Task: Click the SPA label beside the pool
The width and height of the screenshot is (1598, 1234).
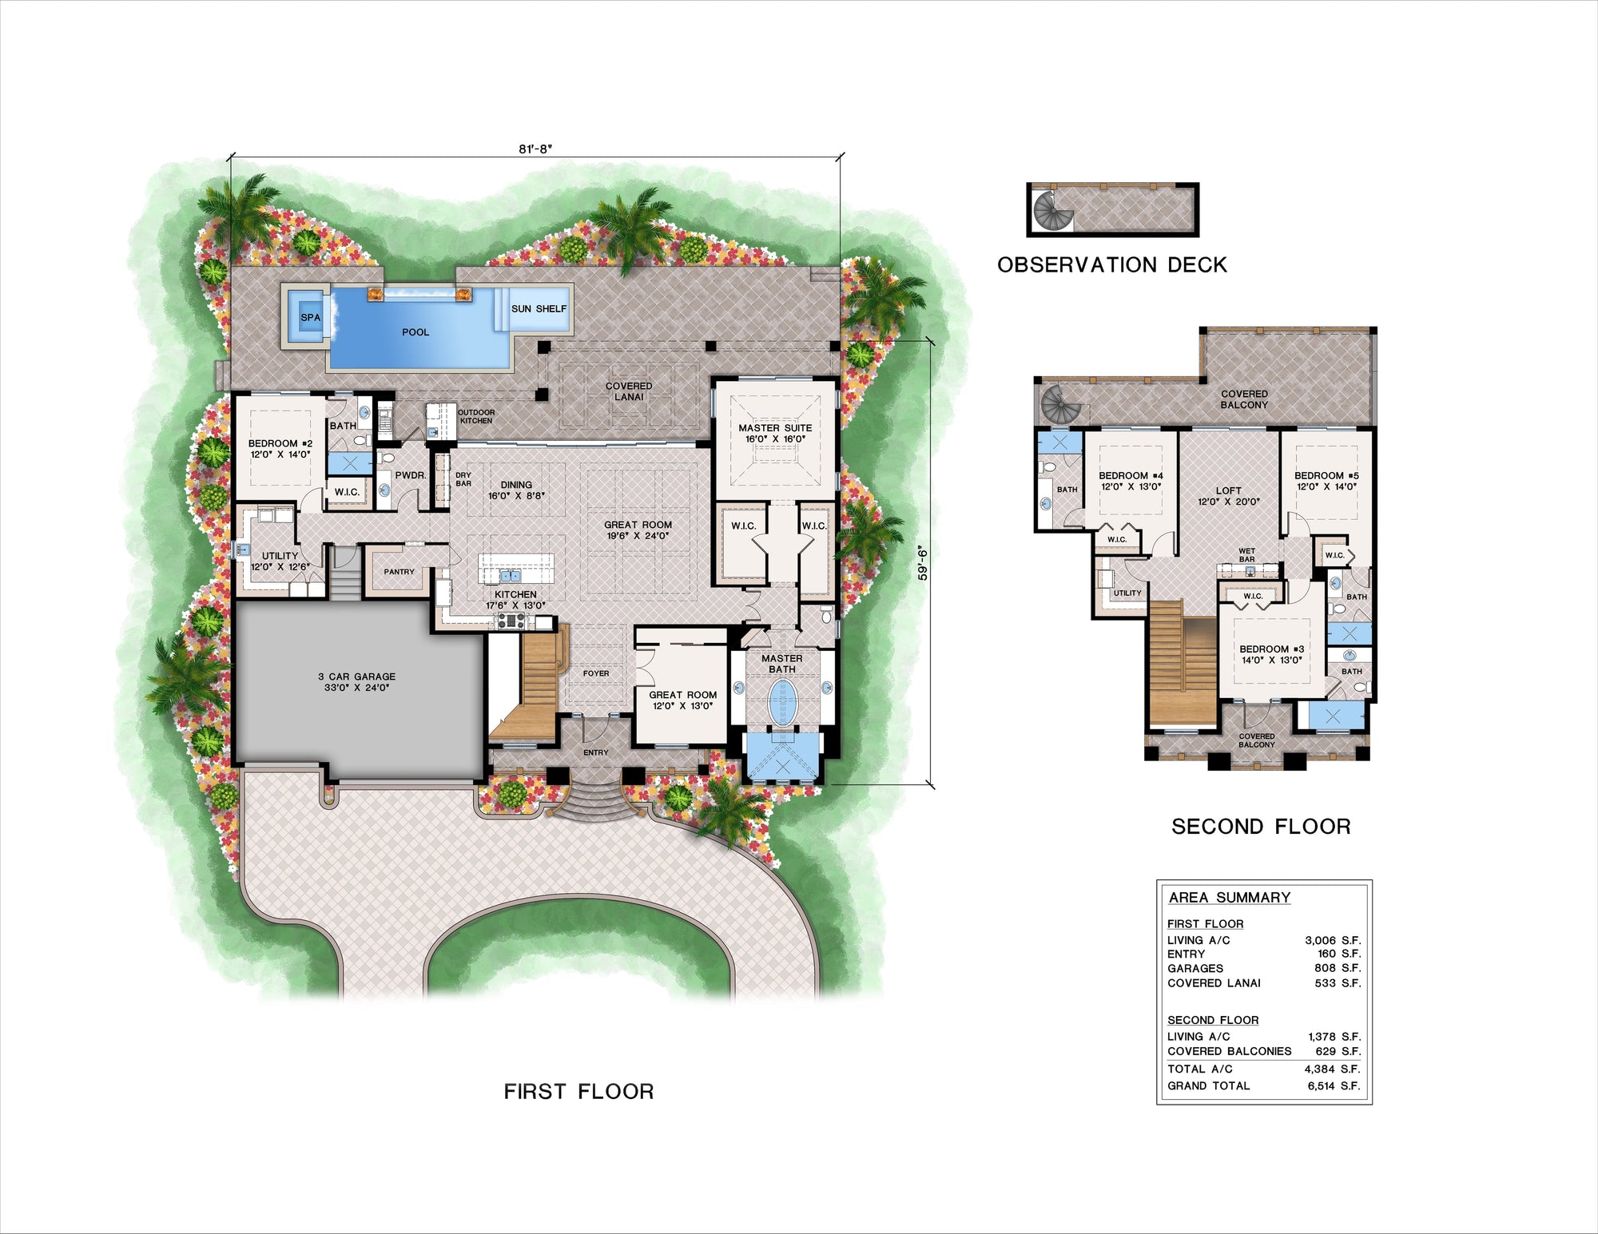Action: point(310,317)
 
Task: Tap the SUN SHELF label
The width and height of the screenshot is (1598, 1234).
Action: point(539,308)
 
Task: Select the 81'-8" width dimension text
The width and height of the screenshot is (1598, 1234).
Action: point(535,149)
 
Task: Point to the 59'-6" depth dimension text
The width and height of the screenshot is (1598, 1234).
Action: point(923,562)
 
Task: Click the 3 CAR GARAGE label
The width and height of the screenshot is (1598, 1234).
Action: point(356,681)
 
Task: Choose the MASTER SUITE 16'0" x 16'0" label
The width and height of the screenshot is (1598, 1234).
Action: point(775,433)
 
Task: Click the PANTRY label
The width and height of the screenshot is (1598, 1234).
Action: point(399,572)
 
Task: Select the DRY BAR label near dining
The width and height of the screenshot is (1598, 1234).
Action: point(463,479)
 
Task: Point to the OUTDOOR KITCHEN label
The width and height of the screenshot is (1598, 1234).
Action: point(476,416)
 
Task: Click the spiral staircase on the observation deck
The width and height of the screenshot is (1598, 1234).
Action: point(1051,210)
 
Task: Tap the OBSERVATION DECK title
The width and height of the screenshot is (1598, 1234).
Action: point(1111,265)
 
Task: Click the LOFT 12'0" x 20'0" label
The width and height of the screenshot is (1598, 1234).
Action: point(1228,496)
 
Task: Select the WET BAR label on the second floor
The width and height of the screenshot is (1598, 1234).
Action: point(1246,554)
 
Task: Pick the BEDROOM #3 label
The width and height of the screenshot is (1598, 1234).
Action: point(1271,654)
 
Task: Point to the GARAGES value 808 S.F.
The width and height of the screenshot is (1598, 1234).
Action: point(1337,968)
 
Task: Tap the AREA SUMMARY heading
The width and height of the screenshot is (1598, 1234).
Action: point(1229,897)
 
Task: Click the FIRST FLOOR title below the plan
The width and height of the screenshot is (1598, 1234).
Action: point(578,1091)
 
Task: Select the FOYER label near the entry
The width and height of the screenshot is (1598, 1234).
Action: point(595,673)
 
